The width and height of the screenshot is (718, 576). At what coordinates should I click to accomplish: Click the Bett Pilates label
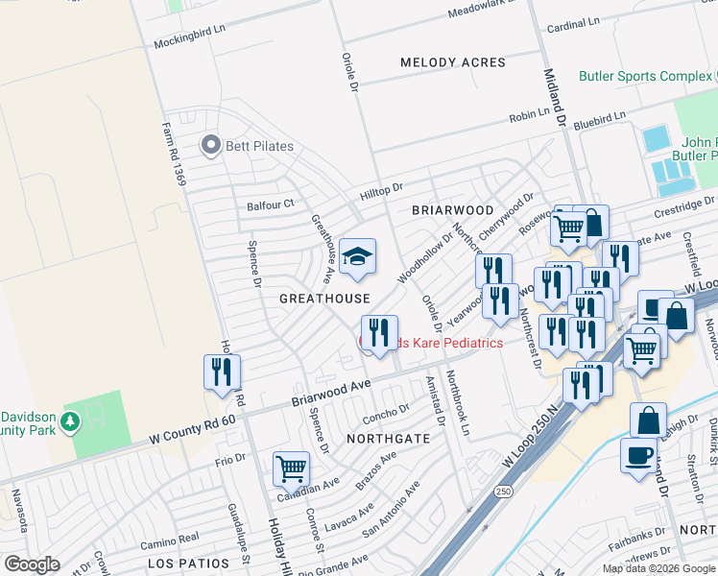259,146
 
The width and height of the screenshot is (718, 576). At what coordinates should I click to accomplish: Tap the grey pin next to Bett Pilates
210,146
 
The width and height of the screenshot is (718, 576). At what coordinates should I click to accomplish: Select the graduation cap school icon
357,257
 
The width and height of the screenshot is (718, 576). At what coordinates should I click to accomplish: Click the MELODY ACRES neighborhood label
453,62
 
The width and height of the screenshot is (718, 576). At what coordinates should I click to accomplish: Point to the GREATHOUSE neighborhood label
324,299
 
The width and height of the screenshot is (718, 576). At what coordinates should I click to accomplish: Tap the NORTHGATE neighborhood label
382,438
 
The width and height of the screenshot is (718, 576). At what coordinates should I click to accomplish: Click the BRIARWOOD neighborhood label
452,209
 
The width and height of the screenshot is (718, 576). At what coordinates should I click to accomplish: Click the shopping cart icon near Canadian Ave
291,468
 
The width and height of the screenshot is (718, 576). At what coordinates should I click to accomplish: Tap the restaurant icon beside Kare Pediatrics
379,334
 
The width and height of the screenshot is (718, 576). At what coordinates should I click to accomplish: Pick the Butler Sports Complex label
644,76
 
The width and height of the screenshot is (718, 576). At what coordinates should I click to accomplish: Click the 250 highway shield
504,491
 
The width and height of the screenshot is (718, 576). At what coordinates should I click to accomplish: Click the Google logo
33,564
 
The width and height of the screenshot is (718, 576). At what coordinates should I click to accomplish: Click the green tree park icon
69,421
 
